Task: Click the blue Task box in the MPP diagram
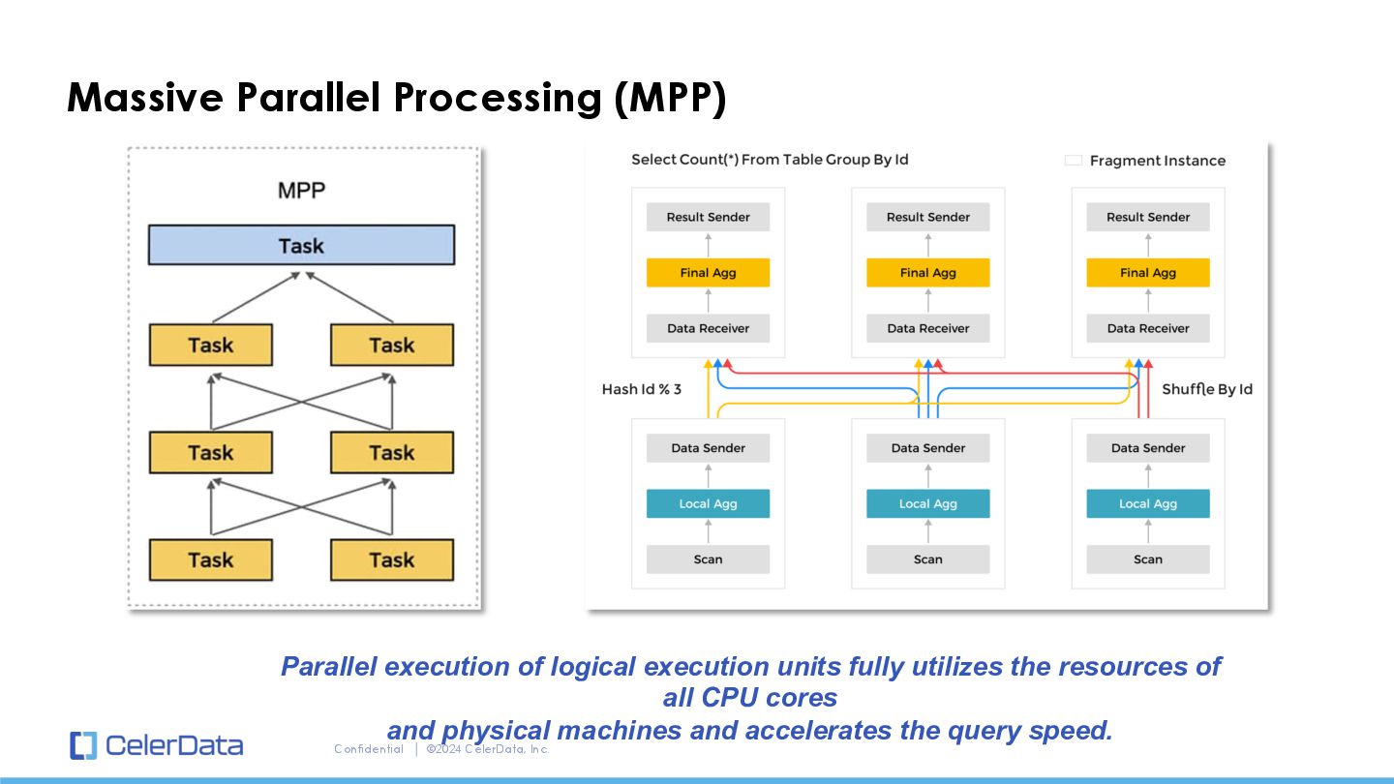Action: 301,245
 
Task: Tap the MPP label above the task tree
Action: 301,191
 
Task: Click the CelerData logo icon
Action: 83,745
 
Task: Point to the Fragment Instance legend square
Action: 1074,161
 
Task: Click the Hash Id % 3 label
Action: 642,389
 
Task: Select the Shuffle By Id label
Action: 1207,389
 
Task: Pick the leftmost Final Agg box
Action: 709,273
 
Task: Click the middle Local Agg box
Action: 927,503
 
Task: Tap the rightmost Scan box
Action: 1148,559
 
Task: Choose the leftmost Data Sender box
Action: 709,448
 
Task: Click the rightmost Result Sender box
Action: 1148,217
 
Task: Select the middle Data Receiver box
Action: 927,328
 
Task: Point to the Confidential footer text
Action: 369,749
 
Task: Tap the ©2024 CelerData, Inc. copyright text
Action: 488,749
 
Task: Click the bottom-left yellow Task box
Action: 211,560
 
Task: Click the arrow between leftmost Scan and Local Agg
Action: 709,531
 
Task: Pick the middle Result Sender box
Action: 927,217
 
